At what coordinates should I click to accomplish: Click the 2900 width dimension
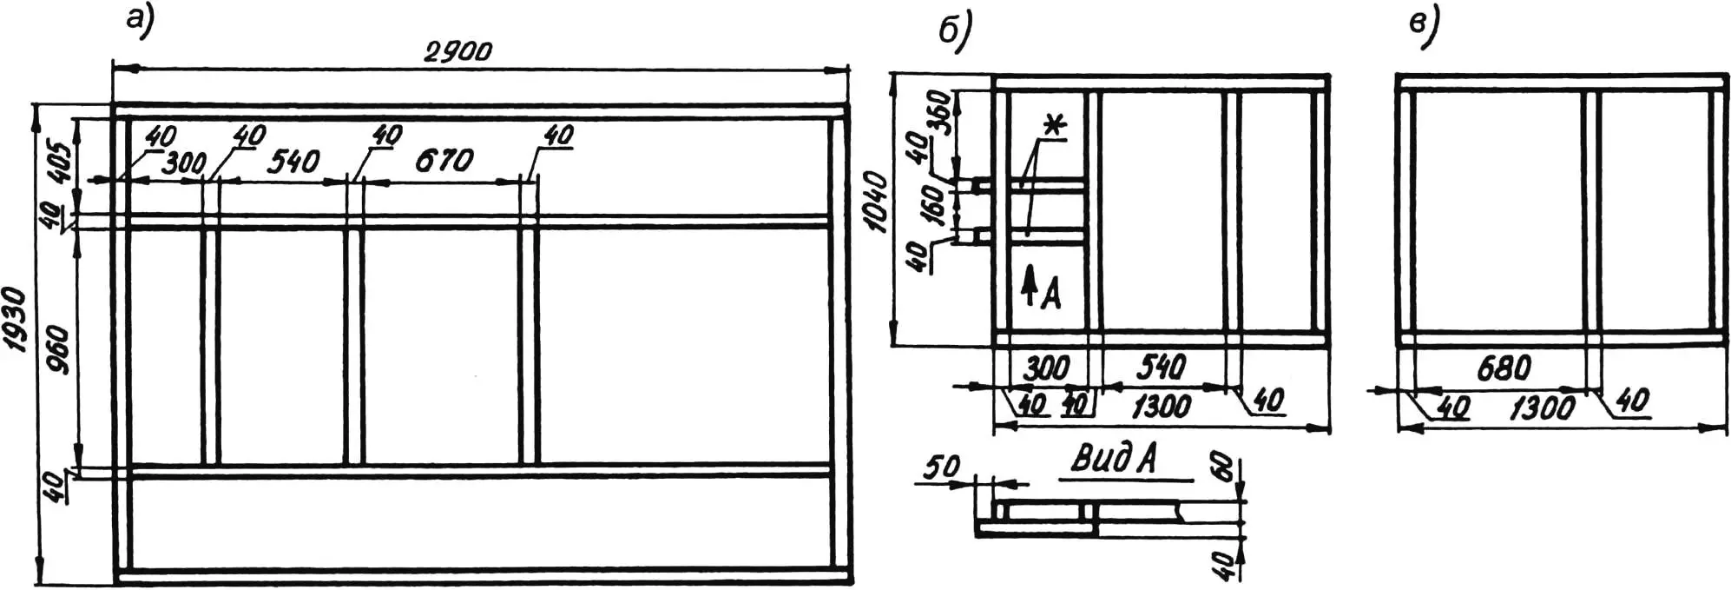[x=458, y=51]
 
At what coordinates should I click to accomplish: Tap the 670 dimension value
[x=444, y=160]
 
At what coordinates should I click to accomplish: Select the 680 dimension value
[x=1504, y=368]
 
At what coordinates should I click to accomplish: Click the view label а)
[x=139, y=22]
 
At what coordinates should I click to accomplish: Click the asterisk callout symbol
[x=1054, y=126]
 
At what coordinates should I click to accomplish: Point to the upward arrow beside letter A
[x=1030, y=286]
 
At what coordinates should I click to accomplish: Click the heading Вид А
[x=1116, y=459]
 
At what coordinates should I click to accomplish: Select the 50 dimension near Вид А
[x=941, y=467]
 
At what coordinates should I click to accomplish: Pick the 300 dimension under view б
[x=1047, y=368]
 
